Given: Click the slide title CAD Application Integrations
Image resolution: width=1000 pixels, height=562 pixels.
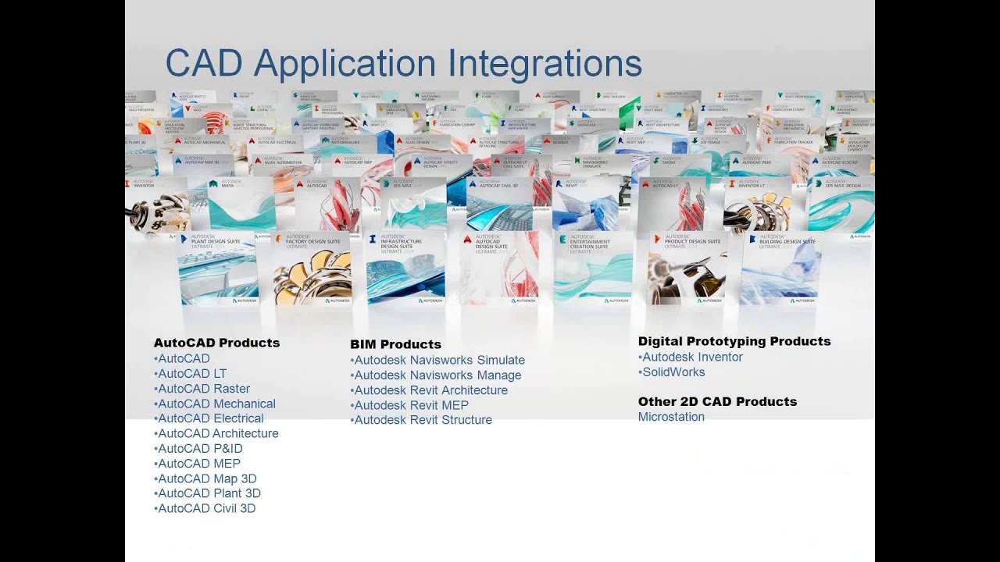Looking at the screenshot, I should [403, 63].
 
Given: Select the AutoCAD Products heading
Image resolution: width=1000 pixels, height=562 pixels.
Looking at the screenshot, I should [216, 343].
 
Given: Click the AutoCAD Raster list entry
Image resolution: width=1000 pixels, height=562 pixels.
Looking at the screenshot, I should [203, 389].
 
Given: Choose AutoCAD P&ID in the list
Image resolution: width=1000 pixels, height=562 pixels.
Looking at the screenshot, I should [200, 449].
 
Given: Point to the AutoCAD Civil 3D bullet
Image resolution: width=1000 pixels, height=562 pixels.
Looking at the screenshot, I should [206, 509].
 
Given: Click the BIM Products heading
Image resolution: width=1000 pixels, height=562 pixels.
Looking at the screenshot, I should [395, 344].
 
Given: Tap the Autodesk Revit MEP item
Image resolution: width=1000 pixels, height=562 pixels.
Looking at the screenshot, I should [411, 405].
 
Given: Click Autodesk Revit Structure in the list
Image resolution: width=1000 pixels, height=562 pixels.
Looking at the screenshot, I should [423, 420].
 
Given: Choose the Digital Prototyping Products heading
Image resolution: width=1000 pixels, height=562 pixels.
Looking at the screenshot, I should [734, 341].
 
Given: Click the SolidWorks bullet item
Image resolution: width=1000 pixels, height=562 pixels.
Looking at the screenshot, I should [673, 372].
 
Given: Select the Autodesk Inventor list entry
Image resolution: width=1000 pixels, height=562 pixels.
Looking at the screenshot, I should [691, 357].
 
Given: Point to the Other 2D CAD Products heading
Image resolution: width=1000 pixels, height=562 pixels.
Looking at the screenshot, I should [717, 402].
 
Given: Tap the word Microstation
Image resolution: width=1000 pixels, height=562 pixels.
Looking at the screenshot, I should [671, 417].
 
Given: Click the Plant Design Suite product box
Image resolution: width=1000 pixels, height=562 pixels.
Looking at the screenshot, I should [218, 268].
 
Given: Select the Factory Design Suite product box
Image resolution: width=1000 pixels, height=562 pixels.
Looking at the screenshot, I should [312, 268].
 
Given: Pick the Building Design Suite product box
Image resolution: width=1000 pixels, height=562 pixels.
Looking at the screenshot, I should [780, 268].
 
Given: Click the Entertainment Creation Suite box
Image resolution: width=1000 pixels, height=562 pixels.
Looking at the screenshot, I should [593, 268].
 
